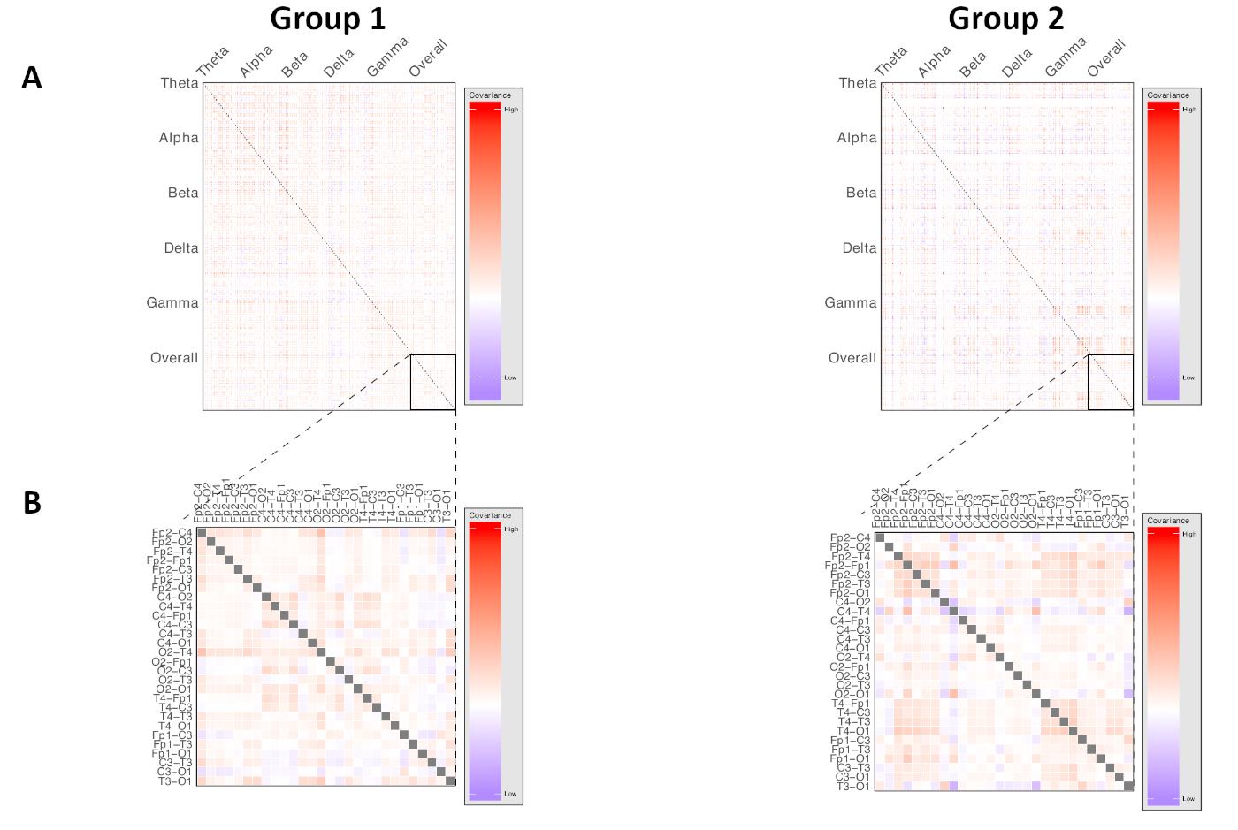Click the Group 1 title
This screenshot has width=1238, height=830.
(327, 19)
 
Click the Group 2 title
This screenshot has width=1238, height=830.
(1005, 19)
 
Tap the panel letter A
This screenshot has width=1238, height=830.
(32, 79)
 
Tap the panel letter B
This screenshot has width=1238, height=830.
(32, 503)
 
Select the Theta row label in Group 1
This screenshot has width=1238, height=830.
(180, 83)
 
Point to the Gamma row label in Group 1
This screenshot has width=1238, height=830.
(172, 303)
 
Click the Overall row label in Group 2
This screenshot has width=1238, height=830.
(852, 358)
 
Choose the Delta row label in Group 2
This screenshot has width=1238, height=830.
(860, 248)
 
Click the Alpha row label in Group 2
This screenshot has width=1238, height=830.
(857, 138)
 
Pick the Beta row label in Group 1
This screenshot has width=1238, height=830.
(183, 193)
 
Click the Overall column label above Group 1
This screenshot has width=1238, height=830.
(429, 58)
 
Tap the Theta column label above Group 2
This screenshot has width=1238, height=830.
(891, 61)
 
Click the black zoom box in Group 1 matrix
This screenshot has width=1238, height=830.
(433, 382)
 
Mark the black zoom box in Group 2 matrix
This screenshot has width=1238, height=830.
(1111, 382)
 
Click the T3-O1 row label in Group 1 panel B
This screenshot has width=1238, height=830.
(174, 781)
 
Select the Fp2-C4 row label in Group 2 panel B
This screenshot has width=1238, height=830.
(850, 538)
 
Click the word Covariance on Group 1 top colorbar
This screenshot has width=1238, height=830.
(490, 95)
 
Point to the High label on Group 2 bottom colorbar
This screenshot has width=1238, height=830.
(1189, 535)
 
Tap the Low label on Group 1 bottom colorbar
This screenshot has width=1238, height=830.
(510, 794)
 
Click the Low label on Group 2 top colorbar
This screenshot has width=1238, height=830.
(1188, 377)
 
